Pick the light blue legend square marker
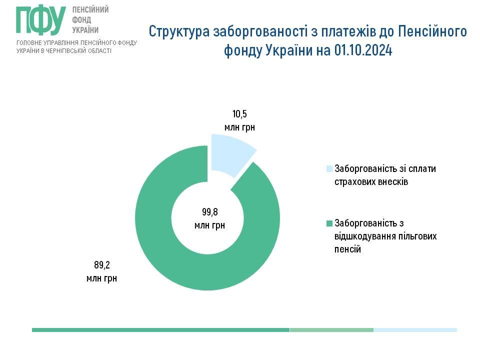click(329, 169)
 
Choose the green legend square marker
click(329, 223)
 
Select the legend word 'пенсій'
click(347, 249)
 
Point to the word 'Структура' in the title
click(179, 31)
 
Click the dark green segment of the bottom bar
click(160, 330)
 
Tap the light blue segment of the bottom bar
click(415, 330)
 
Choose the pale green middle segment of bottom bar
click(331, 330)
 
